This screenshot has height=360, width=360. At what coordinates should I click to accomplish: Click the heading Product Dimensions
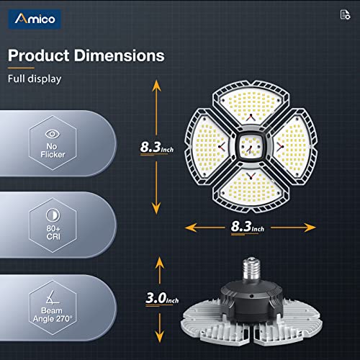tap(86, 55)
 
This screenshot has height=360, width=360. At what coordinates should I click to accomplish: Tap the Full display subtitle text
tap(34, 79)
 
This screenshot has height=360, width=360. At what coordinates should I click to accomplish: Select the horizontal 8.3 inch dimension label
tap(247, 227)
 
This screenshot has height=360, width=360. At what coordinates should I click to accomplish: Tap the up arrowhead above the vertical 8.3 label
tap(156, 85)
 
